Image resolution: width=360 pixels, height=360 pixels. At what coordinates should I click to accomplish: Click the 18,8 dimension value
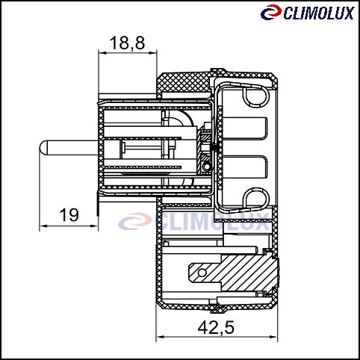(x=127, y=43)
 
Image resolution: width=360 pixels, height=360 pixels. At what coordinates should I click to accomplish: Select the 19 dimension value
(x=69, y=215)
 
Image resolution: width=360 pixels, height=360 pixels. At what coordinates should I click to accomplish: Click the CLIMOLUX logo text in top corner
(x=319, y=13)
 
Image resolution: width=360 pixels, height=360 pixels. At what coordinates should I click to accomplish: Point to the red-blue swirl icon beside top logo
(x=271, y=12)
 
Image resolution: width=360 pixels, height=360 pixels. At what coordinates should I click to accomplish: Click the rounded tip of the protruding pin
(x=43, y=148)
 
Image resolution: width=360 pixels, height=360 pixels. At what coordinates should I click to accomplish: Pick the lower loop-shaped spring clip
(x=256, y=199)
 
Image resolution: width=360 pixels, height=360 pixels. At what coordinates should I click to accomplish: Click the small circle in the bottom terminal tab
(x=202, y=273)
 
